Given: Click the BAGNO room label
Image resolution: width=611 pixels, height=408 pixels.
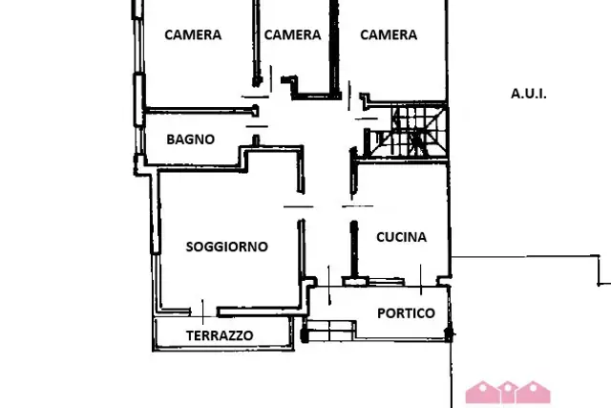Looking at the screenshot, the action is tap(191, 140).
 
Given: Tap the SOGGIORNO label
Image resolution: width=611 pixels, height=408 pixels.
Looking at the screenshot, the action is tap(227, 247).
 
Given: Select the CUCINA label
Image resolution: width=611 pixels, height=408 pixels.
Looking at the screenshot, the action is tap(401, 237).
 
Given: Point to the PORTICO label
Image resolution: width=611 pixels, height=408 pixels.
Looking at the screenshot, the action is tap(406, 312).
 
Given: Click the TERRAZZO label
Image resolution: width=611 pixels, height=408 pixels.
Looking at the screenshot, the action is tap(220, 335).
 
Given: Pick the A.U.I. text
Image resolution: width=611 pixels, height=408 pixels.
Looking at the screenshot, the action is tap(528, 94).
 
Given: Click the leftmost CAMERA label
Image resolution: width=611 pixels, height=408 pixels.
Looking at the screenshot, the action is tap(193, 34).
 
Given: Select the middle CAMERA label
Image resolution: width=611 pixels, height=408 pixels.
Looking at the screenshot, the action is tap(293, 34).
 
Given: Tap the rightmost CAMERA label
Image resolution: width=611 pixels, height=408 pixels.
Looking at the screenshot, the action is tap(389, 34).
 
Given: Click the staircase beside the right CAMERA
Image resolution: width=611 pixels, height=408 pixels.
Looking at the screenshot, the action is tap(409, 132).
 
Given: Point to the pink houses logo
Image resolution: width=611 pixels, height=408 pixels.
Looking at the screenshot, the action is tap(508, 392).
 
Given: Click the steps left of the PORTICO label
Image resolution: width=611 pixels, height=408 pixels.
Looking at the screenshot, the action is tap(330, 331).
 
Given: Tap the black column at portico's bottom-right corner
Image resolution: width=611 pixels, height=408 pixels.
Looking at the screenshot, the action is tap(449, 333).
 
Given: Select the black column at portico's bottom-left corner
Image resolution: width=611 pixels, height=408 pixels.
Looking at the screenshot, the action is tap(305, 335).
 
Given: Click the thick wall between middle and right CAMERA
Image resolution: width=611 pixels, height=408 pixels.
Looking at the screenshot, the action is tap(333, 49).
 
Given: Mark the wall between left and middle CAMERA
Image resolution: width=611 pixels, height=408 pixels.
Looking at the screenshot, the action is tap(256, 43).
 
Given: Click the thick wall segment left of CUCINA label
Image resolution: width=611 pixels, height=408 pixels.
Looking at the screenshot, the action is tap(354, 249).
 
